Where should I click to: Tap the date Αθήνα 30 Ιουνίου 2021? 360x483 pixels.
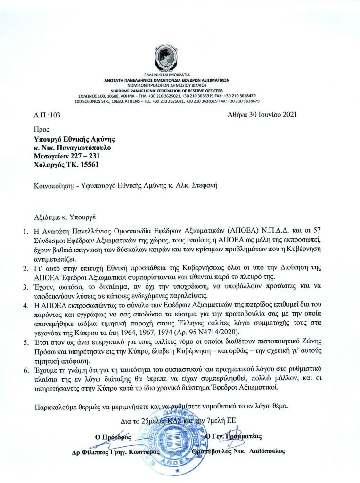(x=262, y=114)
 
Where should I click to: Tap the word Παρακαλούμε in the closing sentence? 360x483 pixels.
(x=57, y=406)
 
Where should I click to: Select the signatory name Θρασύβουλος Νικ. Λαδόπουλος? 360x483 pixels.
(x=239, y=451)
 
